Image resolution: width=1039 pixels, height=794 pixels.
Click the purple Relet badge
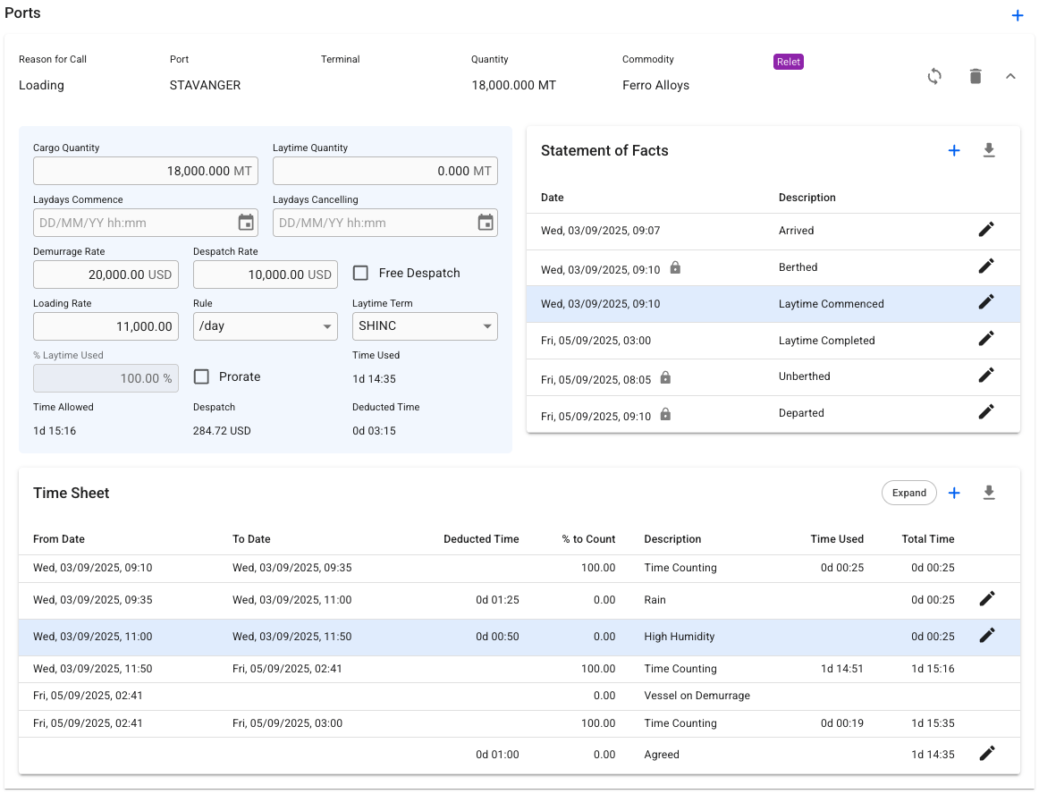point(788,62)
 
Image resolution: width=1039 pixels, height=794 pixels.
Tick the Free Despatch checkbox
point(360,273)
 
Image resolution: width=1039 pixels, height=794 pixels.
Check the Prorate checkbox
point(201,376)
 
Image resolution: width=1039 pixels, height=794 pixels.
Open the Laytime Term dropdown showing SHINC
point(425,326)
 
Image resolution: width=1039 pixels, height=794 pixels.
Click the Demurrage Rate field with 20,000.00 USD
point(106,275)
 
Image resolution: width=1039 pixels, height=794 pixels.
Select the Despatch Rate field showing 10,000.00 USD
point(265,275)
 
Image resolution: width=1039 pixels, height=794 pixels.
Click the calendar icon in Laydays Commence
point(246,223)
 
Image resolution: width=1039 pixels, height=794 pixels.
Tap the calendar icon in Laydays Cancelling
point(486,223)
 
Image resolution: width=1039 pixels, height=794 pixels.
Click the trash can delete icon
point(976,76)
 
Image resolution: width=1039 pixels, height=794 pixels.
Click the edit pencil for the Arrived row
point(986,229)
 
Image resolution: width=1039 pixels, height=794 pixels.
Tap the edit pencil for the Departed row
point(986,411)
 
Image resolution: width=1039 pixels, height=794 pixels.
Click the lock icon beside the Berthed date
point(675,267)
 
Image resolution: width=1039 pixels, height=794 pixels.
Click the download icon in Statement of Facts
point(989,150)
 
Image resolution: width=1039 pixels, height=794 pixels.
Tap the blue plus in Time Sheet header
point(954,493)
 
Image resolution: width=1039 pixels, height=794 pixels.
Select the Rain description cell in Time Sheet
point(655,600)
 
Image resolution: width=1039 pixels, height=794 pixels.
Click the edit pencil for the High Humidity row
point(986,635)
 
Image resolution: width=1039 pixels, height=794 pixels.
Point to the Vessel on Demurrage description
point(697,696)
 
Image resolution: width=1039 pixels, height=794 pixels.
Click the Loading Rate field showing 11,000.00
point(106,326)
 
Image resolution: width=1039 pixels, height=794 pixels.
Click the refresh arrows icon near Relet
point(934,76)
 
